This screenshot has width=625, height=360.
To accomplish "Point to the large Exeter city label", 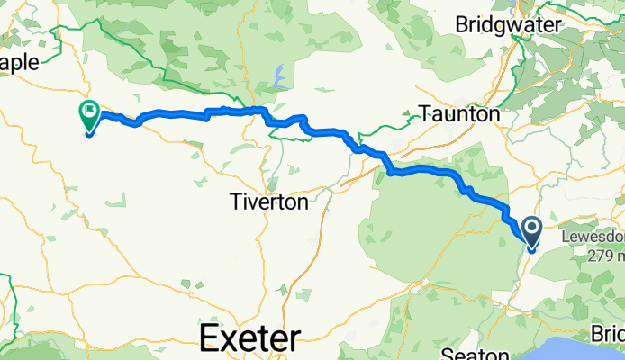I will click(x=249, y=339).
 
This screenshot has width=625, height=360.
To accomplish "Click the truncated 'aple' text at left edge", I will click(x=20, y=62).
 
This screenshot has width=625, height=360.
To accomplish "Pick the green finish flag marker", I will click(x=90, y=114).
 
